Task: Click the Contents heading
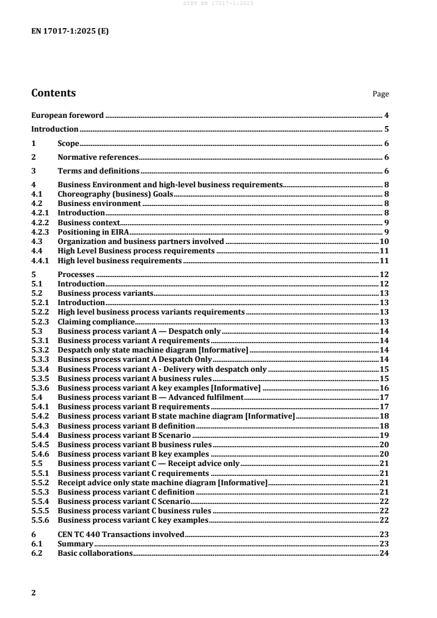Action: (x=53, y=93)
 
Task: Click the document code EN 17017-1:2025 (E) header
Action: (x=70, y=31)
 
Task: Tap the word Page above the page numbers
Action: (x=381, y=94)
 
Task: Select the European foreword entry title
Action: (x=67, y=115)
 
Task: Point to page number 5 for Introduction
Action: (x=387, y=129)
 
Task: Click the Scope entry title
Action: (x=69, y=143)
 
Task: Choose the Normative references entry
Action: (x=98, y=158)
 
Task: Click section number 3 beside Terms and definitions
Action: (x=34, y=171)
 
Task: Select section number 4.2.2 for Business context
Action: (x=40, y=222)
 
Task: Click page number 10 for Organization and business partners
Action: (x=385, y=241)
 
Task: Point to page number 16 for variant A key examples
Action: (x=385, y=388)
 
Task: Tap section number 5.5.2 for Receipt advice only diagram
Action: (x=40, y=483)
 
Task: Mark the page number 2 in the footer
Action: (x=34, y=593)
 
